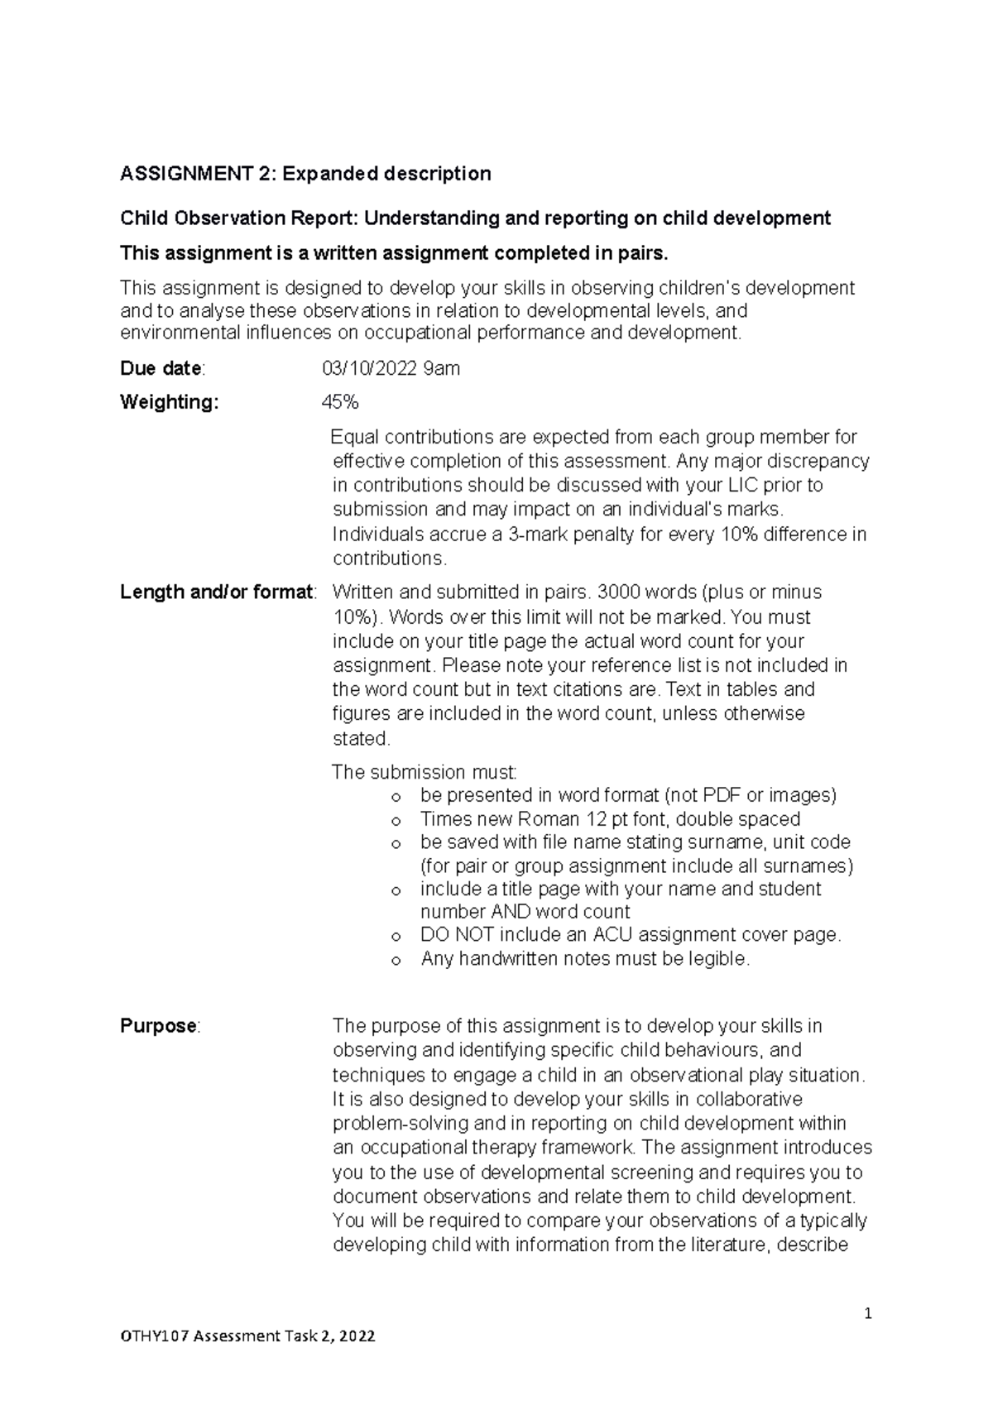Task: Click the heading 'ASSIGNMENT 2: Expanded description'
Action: coord(305,174)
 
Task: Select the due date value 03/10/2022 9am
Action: coord(391,369)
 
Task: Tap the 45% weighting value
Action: coord(340,403)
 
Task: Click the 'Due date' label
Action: coord(161,369)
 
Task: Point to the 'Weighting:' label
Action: coord(170,403)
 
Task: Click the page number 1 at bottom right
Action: coord(868,1313)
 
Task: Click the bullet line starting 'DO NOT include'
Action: coord(630,935)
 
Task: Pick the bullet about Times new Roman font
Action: coord(610,819)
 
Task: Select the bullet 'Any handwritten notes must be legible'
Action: coord(584,959)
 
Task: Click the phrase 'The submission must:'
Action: coord(425,772)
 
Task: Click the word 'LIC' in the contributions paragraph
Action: coord(742,485)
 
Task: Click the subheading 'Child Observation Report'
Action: coord(237,218)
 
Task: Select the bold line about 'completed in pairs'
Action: coord(394,253)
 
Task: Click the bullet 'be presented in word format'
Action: coord(628,795)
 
